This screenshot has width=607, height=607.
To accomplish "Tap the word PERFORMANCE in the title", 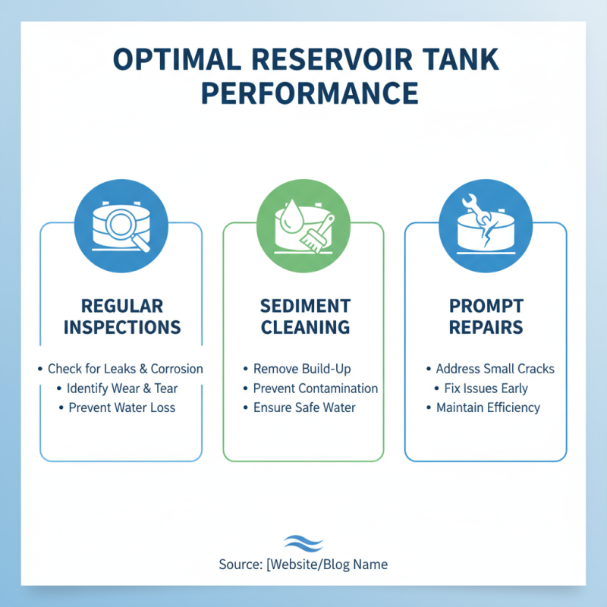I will [x=303, y=93].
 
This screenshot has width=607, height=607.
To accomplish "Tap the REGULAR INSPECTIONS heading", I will [x=121, y=316].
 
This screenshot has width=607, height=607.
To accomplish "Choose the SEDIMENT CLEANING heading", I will [x=303, y=316].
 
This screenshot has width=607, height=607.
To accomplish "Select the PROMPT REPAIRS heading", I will [x=486, y=316].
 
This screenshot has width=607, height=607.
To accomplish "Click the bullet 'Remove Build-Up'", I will [x=303, y=369].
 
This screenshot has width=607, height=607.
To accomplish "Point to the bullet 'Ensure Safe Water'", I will [x=303, y=407].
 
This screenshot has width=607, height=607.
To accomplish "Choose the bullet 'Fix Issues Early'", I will [x=486, y=388].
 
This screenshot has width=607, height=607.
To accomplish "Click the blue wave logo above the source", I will [x=303, y=543].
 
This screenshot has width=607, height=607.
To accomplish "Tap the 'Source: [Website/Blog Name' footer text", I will [x=303, y=565].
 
